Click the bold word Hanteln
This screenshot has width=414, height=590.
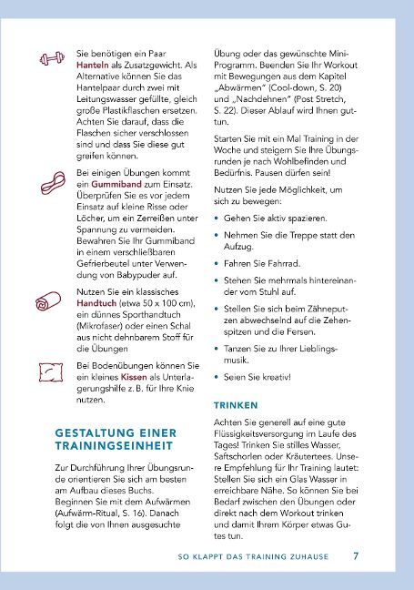tap(95, 66)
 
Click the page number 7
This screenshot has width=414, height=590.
tap(356, 554)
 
